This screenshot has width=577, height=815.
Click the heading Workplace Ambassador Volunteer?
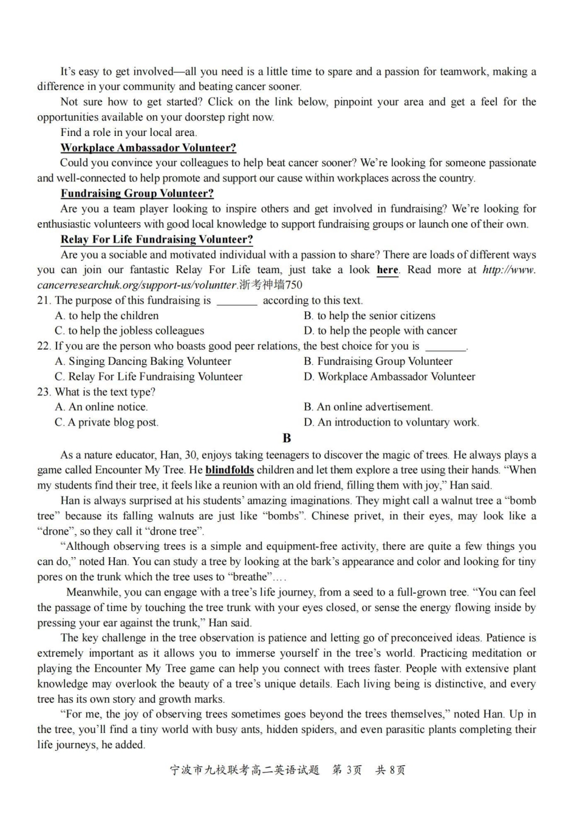[x=148, y=147]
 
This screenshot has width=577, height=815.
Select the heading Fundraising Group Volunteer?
[x=137, y=194]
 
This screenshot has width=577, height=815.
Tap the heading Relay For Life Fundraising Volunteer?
[x=157, y=239]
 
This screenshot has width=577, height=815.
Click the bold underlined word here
[x=388, y=270]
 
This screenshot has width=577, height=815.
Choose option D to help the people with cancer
[x=380, y=331]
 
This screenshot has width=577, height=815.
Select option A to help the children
[x=107, y=316]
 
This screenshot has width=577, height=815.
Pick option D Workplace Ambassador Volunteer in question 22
[x=389, y=376]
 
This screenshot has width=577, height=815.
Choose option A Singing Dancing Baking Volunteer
[x=143, y=361]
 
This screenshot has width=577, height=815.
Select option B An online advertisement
[x=368, y=407]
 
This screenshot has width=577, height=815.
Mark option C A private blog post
[x=107, y=422]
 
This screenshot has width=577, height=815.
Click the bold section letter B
[x=287, y=438]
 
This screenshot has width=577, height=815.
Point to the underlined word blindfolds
[x=230, y=470]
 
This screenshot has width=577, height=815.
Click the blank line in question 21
[x=236, y=302]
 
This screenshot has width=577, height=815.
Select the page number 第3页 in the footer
[x=347, y=770]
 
